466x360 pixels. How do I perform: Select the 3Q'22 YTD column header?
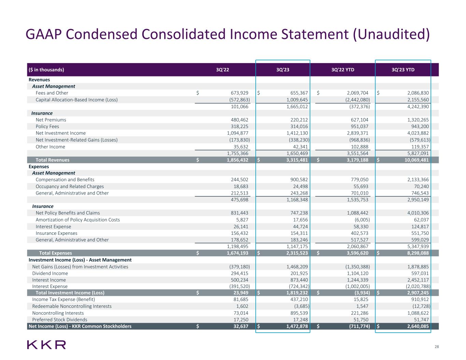click(x=343, y=70)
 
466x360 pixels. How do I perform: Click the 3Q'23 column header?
click(x=283, y=70)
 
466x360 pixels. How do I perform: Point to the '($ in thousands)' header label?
click(x=46, y=70)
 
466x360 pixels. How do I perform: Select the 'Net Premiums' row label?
click(x=51, y=120)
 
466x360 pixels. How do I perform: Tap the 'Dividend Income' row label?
click(x=50, y=273)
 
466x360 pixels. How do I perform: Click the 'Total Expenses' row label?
click(x=56, y=253)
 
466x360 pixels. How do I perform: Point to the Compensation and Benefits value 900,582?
click(x=298, y=180)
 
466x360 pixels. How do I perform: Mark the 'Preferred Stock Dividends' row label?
click(x=59, y=320)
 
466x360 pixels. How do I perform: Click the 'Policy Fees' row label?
click(x=47, y=127)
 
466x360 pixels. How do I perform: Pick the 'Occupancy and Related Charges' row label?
click(x=70, y=186)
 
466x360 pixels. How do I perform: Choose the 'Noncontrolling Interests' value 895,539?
click(x=298, y=313)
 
